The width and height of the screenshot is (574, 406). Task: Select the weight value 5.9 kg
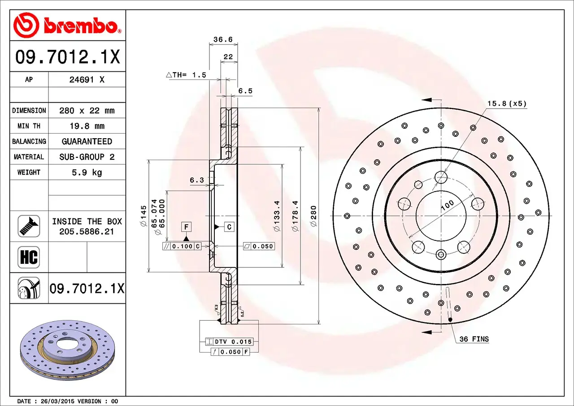87,172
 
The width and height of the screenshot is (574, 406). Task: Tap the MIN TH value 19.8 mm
87,126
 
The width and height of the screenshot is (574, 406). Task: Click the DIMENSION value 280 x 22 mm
87,110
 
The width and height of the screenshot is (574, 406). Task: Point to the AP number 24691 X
87,79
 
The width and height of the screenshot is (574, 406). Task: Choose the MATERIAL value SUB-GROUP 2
87,157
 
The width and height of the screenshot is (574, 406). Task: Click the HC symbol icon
29,257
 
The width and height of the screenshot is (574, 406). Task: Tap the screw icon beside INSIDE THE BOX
29,226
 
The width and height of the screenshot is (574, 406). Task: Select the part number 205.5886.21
87,231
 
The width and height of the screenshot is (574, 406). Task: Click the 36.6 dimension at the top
223,39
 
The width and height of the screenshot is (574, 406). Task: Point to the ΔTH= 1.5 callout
186,75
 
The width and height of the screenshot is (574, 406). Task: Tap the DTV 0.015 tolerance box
230,341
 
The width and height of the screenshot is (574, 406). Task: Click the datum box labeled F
186,227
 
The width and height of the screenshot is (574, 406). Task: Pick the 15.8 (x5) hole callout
507,104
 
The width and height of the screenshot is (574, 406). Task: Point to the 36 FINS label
474,339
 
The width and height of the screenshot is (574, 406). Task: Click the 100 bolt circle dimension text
447,205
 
